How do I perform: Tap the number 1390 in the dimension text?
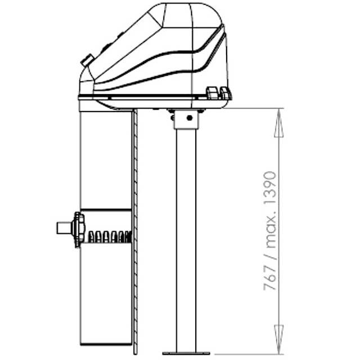click(x=270, y=187)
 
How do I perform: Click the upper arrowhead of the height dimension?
click(x=279, y=123)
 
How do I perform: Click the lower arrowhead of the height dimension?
click(x=279, y=339)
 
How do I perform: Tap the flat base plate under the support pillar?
click(x=186, y=353)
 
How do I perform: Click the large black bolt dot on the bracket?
click(x=190, y=118)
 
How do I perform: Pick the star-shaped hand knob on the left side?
click(x=78, y=229)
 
